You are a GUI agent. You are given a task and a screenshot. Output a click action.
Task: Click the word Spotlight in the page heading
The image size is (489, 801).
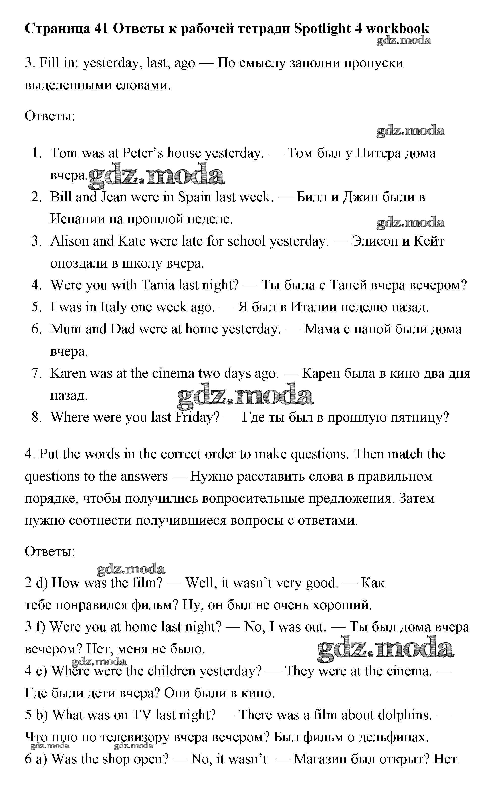point(322,29)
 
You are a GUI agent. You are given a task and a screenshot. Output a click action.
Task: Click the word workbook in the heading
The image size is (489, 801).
point(397,29)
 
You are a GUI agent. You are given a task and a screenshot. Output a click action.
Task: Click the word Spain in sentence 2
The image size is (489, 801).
point(195,197)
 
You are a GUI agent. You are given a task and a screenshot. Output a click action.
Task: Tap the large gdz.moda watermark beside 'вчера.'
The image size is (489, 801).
point(156,176)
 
